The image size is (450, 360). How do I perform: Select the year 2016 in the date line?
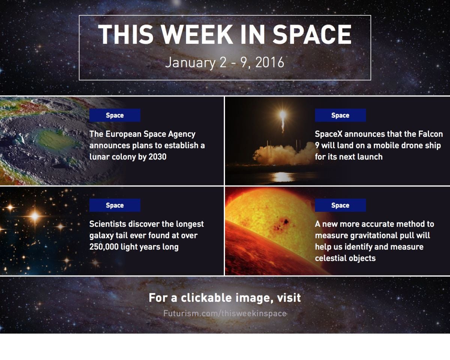(x=270, y=62)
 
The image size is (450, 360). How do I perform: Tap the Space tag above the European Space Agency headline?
(x=115, y=115)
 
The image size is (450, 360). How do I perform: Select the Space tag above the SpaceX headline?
(x=340, y=115)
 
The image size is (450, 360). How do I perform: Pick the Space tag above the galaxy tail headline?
(x=115, y=205)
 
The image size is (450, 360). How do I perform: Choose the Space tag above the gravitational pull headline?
(x=340, y=205)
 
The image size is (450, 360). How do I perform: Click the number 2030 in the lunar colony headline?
(x=157, y=157)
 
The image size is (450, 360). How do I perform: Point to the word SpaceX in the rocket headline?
(x=328, y=134)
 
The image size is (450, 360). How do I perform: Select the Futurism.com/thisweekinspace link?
(x=225, y=313)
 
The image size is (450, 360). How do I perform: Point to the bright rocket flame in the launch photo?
(x=283, y=115)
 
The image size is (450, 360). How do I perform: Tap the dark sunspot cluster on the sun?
(x=282, y=225)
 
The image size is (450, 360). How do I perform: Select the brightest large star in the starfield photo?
(x=35, y=216)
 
